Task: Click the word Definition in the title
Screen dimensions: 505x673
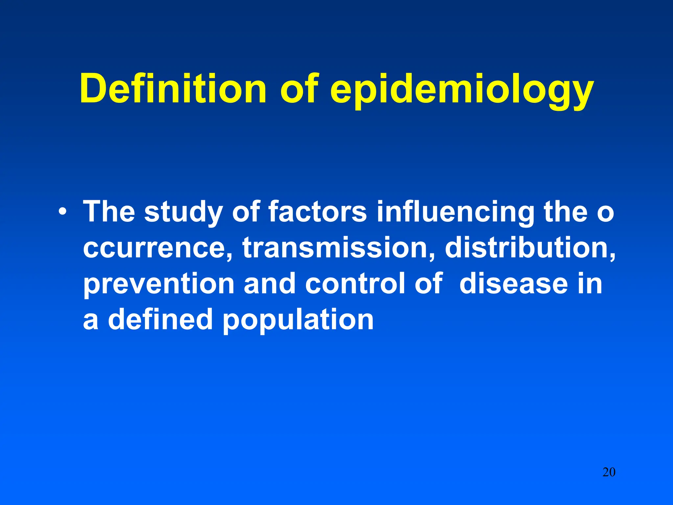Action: (x=173, y=88)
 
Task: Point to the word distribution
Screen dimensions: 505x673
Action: (x=530, y=247)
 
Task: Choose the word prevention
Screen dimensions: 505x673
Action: (x=159, y=283)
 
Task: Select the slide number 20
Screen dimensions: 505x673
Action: (x=609, y=472)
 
